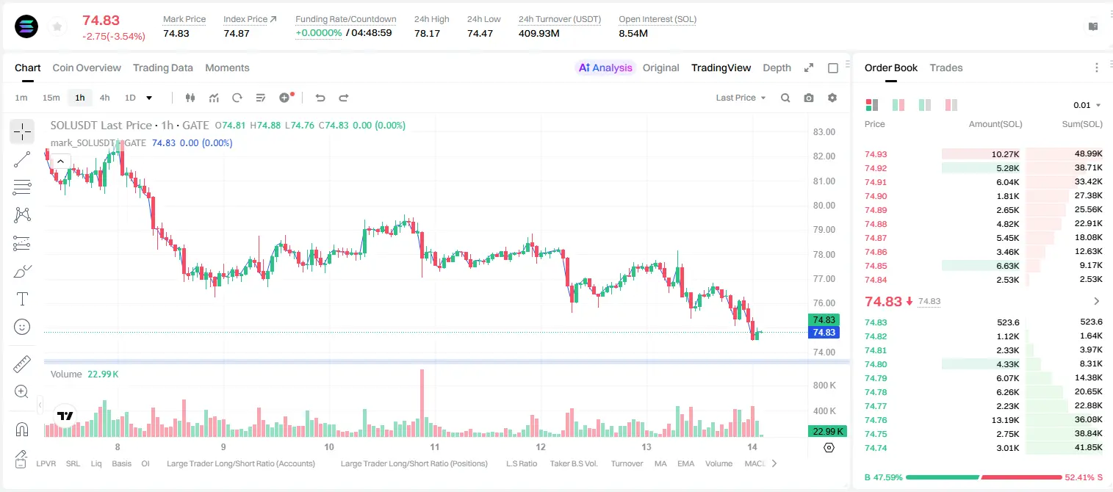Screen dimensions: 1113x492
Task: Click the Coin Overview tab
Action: [x=87, y=68]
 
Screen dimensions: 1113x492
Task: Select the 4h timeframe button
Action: [x=104, y=98]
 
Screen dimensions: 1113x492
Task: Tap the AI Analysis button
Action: [x=605, y=68]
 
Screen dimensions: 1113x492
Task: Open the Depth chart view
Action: [x=777, y=68]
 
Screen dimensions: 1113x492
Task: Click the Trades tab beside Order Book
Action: [x=945, y=68]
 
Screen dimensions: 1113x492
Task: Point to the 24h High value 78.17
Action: [x=427, y=33]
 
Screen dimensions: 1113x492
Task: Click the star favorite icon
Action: [x=57, y=26]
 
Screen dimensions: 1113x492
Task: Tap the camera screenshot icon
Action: [x=808, y=98]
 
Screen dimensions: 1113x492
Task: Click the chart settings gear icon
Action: [x=832, y=98]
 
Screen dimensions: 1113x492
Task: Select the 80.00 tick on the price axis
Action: [x=824, y=205]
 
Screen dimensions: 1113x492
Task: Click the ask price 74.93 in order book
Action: [x=876, y=154]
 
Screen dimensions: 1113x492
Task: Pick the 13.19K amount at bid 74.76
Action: [x=1005, y=420]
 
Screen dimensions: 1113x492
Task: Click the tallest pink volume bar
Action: [x=422, y=402]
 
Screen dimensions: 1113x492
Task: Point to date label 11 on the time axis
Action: [x=435, y=446]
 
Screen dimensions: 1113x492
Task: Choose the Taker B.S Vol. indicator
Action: [x=573, y=463]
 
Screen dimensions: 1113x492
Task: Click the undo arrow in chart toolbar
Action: [x=320, y=98]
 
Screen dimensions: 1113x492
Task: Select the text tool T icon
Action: [x=22, y=299]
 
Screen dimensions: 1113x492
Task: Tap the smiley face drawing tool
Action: [x=22, y=327]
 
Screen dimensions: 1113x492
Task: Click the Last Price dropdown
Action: [x=741, y=98]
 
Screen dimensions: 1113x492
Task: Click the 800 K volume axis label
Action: [x=824, y=386]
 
